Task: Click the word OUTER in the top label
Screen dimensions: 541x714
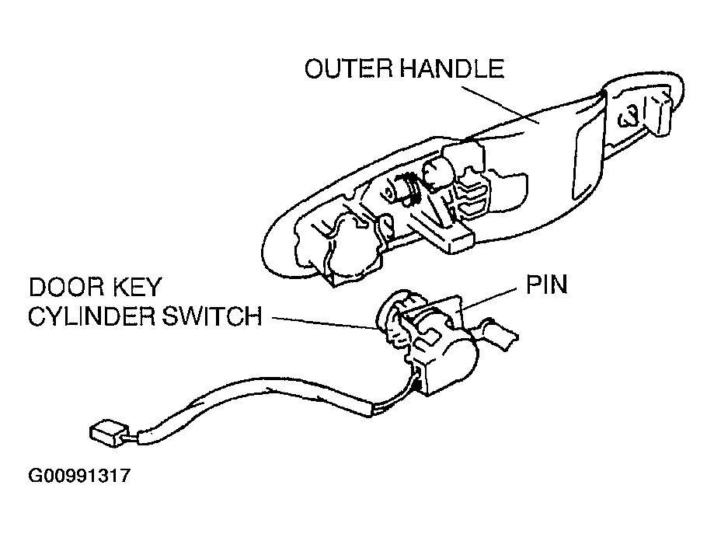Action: [x=347, y=69]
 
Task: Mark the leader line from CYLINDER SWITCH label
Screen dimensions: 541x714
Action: [x=326, y=322]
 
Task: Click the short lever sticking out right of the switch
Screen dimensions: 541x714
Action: [x=501, y=336]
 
